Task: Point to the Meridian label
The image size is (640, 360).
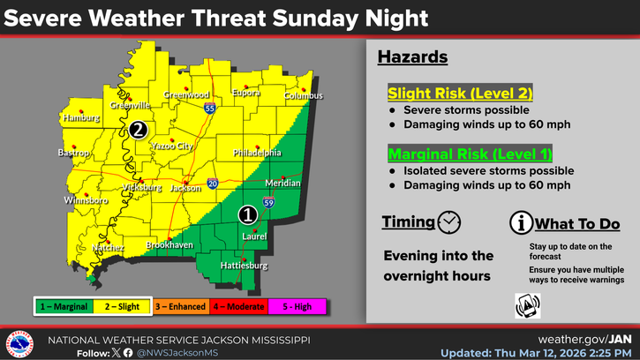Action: pos(283,184)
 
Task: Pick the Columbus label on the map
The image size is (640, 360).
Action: pos(304,95)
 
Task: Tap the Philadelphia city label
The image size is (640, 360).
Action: pos(257,152)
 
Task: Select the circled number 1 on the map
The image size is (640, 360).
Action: pos(249,214)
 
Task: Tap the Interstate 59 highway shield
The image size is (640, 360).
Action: pos(268,203)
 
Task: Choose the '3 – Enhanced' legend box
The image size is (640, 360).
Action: pos(180,305)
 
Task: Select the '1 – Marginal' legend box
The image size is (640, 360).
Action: pos(64,305)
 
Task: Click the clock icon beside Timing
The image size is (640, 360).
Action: pos(449,221)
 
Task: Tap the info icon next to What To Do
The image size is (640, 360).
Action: pos(520,223)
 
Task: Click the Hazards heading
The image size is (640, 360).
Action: pos(412,57)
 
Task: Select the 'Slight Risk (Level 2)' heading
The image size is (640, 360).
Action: pos(460,94)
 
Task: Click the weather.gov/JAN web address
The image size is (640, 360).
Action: pos(584,339)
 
